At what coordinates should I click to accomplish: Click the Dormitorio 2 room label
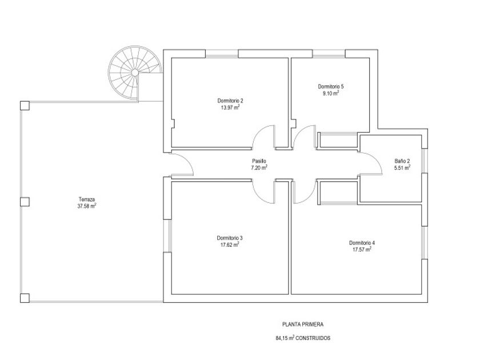[x=230, y=101]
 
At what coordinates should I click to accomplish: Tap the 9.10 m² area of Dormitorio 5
[x=331, y=94]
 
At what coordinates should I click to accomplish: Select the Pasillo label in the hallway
[x=259, y=161]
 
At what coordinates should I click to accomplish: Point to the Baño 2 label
[x=402, y=161]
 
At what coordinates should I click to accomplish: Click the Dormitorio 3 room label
[x=230, y=238]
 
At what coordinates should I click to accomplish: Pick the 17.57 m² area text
[x=362, y=249]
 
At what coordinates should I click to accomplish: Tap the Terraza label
[x=87, y=199]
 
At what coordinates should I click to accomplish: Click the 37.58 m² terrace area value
[x=87, y=206]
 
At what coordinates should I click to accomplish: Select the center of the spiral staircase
[x=134, y=73]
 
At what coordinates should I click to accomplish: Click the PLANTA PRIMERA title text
[x=302, y=324]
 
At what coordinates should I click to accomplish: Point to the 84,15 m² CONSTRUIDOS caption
[x=303, y=338]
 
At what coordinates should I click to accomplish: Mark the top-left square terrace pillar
[x=25, y=106]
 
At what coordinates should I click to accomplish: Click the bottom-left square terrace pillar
[x=25, y=298]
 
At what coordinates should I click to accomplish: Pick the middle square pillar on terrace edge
[x=25, y=202]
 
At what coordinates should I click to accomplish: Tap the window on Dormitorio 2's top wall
[x=222, y=54]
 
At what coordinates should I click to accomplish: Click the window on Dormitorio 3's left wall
[x=167, y=235]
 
